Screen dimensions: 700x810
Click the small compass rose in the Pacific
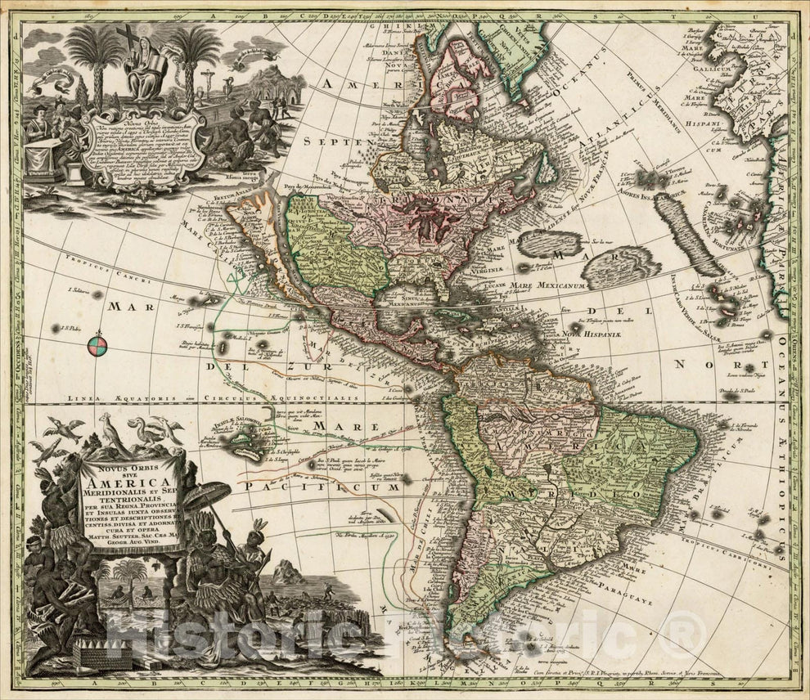tap(97, 345)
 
